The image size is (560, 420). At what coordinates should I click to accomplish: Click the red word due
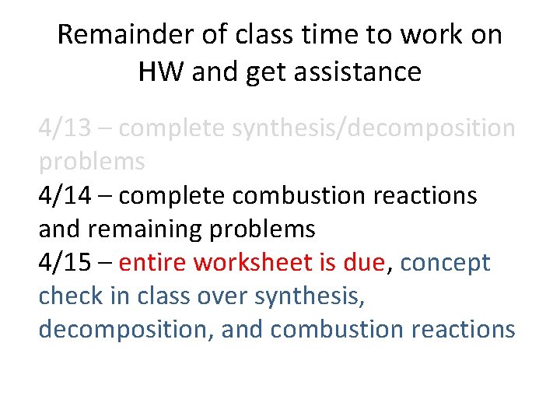pos(363,262)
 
